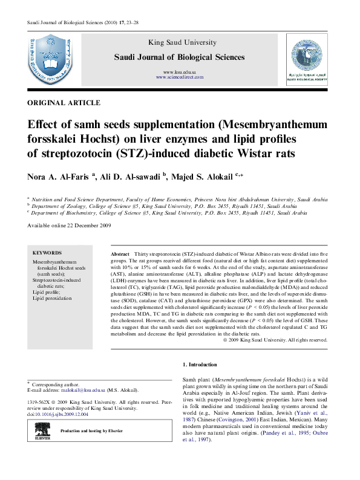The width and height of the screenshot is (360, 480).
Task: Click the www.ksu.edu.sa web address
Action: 180,72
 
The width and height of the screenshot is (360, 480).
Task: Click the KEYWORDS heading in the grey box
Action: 45,252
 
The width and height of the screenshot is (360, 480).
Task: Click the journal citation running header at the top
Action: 75,22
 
